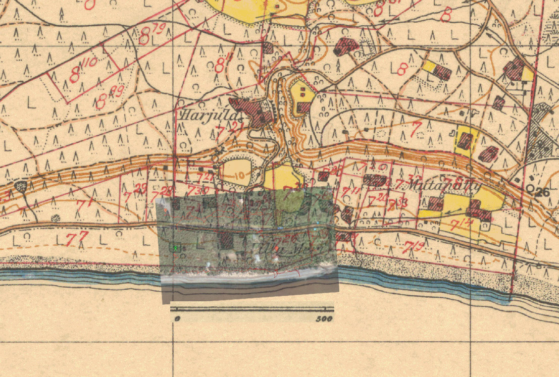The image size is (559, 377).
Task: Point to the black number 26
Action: (x=542, y=192)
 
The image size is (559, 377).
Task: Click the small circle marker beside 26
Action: (x=530, y=188)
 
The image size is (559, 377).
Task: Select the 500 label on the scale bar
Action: (x=324, y=319)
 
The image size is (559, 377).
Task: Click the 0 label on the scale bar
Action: (x=177, y=319)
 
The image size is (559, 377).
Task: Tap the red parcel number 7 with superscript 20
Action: (x=380, y=198)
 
